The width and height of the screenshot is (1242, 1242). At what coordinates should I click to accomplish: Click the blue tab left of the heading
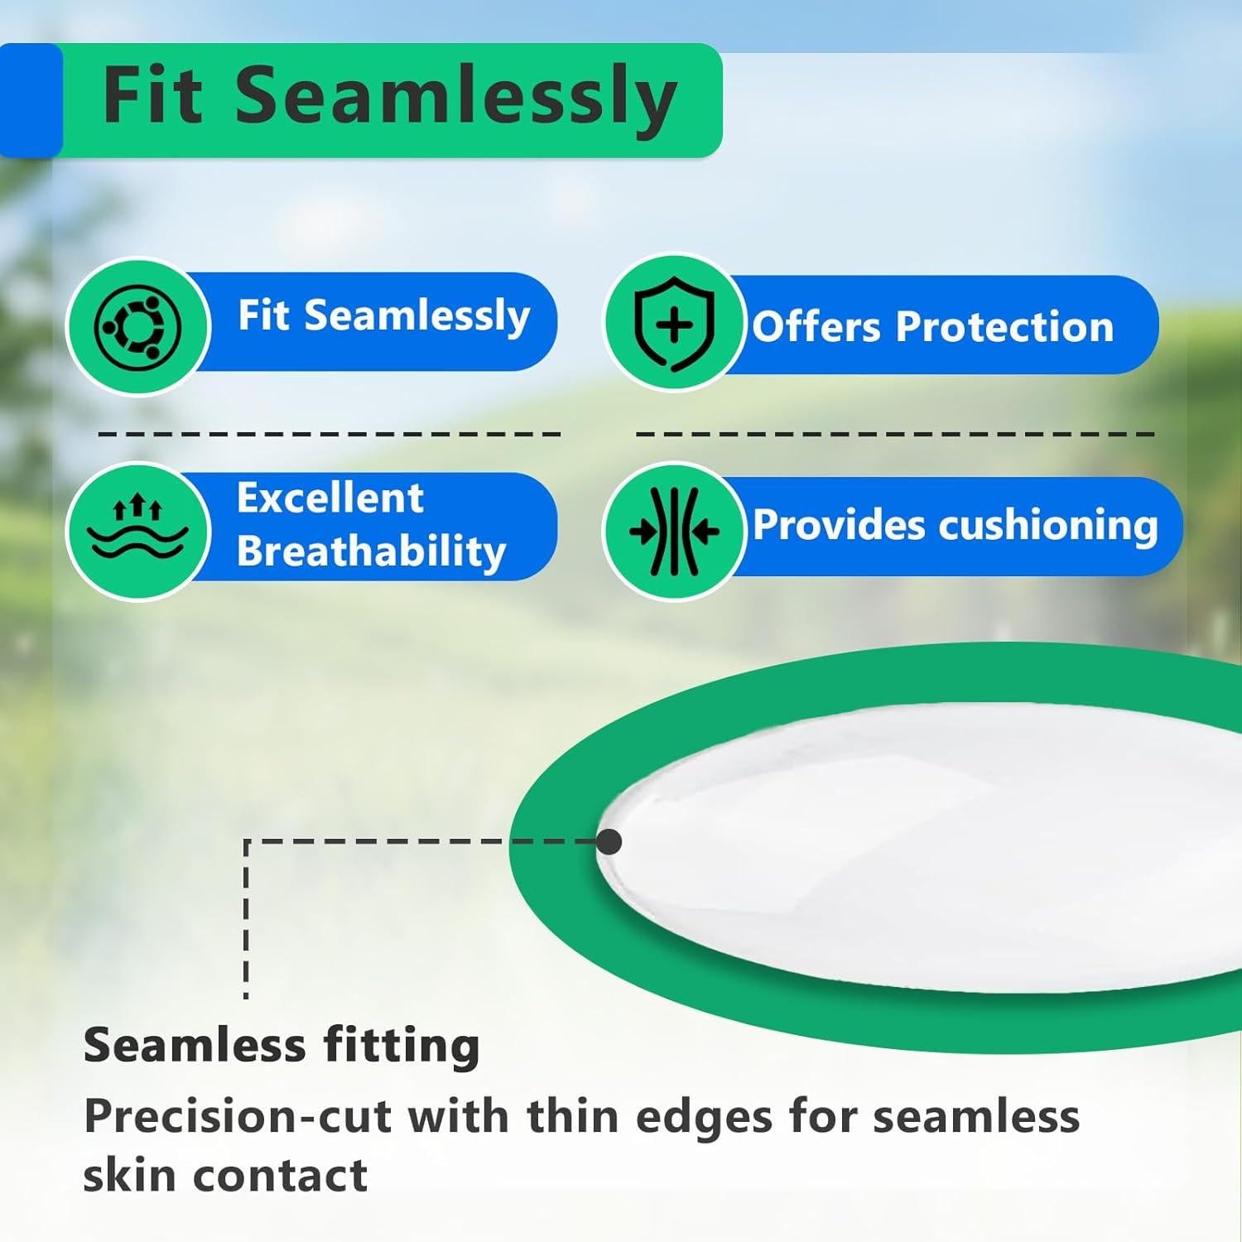click(x=31, y=100)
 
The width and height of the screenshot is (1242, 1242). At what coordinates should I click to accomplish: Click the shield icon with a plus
click(x=674, y=324)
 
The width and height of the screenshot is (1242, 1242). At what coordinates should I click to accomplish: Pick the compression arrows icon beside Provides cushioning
click(x=674, y=530)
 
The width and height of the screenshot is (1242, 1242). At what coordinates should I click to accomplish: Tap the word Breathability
click(x=372, y=552)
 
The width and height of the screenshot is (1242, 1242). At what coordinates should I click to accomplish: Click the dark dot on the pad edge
click(x=609, y=842)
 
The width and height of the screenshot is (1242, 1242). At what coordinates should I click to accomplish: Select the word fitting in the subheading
click(x=402, y=1046)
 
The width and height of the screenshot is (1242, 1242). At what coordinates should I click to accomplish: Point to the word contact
click(x=283, y=1176)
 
